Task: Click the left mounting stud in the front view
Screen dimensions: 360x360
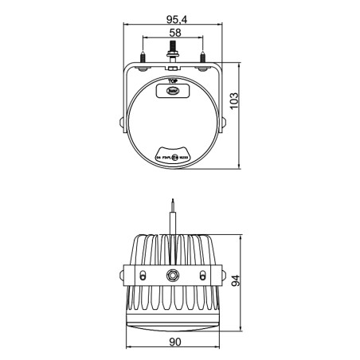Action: click(x=143, y=58)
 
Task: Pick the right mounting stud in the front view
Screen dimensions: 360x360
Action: click(x=204, y=58)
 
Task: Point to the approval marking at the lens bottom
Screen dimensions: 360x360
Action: click(x=173, y=157)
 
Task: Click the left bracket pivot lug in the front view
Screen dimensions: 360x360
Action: click(x=122, y=123)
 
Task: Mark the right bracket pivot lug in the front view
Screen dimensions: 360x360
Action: click(x=225, y=123)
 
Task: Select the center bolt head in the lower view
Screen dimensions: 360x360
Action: click(x=173, y=275)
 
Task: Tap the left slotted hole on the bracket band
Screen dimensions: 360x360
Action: click(x=142, y=274)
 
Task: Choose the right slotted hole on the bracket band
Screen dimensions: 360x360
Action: click(x=205, y=274)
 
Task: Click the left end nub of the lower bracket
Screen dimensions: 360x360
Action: click(x=122, y=275)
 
